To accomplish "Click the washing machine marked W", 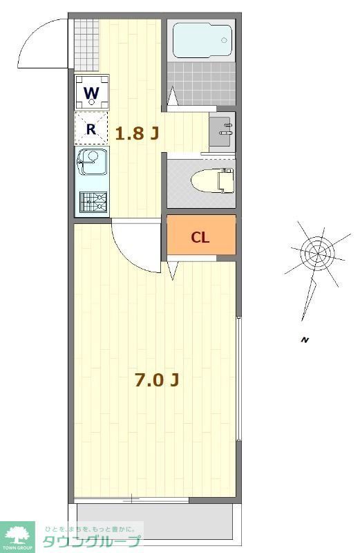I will (93, 93).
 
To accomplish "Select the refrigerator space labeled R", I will (91, 129).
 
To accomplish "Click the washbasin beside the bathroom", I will (222, 129).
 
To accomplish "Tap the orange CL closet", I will (201, 237).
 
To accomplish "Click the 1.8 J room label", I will (137, 133).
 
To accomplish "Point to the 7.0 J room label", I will (158, 379).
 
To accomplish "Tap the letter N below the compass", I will (304, 339).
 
